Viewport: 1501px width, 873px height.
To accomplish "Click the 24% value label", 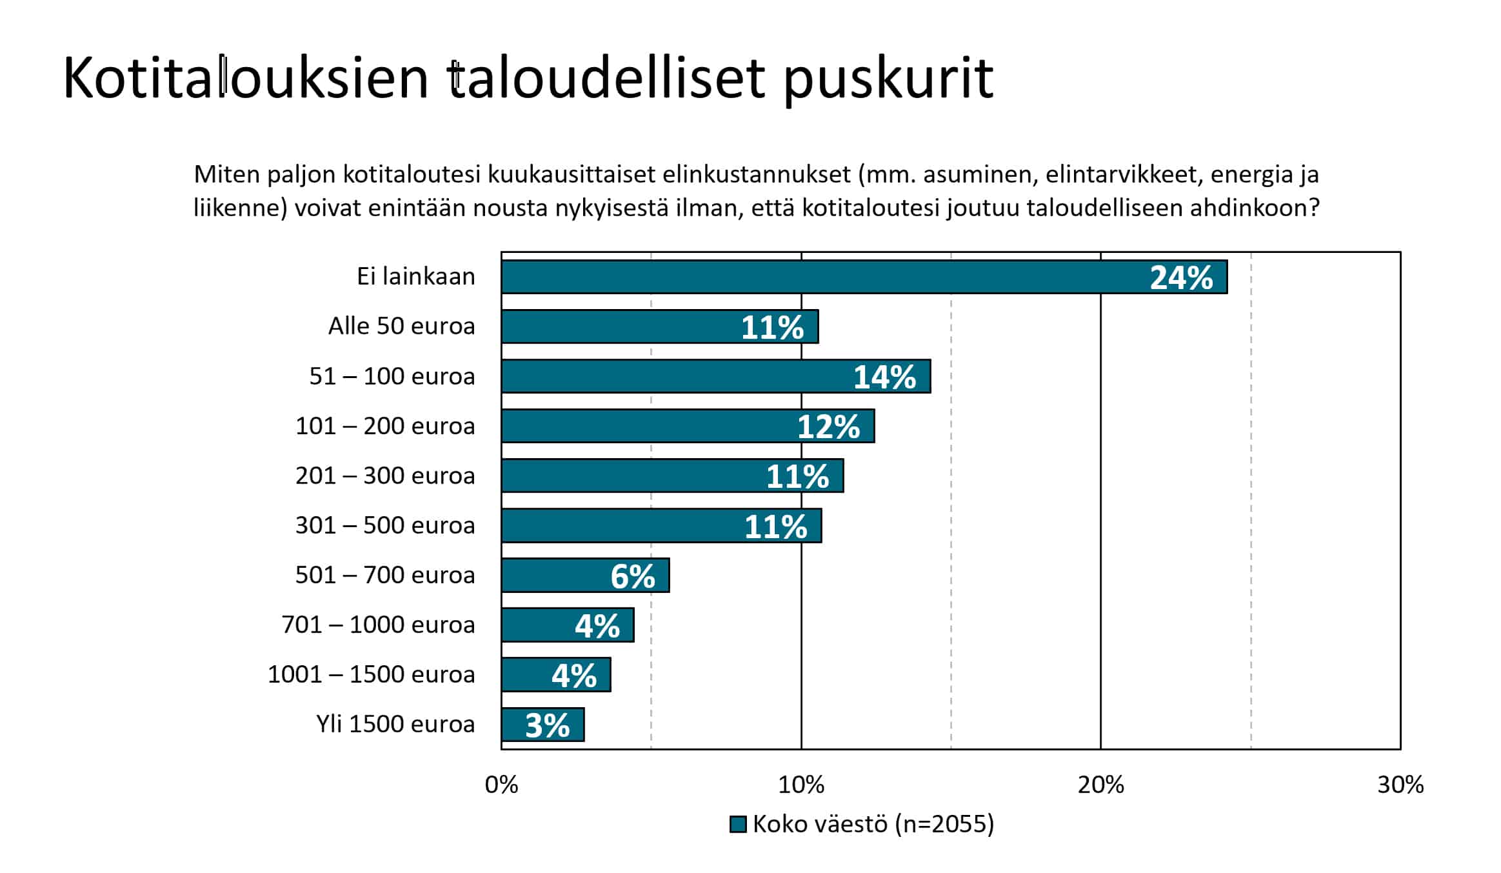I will click(1181, 278).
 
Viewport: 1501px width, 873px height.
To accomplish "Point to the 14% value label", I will click(884, 377).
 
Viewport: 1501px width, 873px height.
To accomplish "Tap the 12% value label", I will click(828, 427).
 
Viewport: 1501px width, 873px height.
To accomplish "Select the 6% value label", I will click(633, 576).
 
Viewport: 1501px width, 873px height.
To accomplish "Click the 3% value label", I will click(547, 726).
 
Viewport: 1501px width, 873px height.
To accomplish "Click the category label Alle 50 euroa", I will click(401, 326).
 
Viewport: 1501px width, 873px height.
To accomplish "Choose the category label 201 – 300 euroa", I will click(385, 476).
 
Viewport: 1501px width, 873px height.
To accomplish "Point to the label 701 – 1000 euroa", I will click(378, 625).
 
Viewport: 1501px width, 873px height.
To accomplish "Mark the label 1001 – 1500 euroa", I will click(371, 674).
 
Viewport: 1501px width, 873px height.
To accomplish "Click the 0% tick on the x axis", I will click(501, 785).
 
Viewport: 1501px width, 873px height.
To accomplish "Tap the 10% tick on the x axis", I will click(801, 785).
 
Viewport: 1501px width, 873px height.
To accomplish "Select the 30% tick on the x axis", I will click(1400, 785).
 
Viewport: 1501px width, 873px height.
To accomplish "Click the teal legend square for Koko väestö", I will click(738, 825).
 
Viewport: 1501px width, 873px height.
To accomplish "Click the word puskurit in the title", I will click(888, 79).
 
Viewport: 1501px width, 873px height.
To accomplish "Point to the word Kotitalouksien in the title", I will click(246, 79).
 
